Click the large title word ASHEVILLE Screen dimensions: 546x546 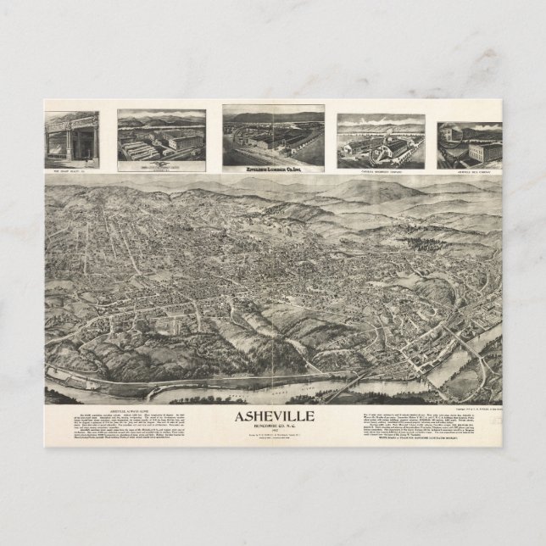click(x=273, y=416)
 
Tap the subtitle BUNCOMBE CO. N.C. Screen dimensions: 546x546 click(x=273, y=426)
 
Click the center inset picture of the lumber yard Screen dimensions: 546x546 click(x=273, y=135)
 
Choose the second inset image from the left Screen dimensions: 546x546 click(x=161, y=136)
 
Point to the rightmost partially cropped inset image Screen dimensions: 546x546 click(x=470, y=142)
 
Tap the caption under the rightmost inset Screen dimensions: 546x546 click(x=470, y=168)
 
